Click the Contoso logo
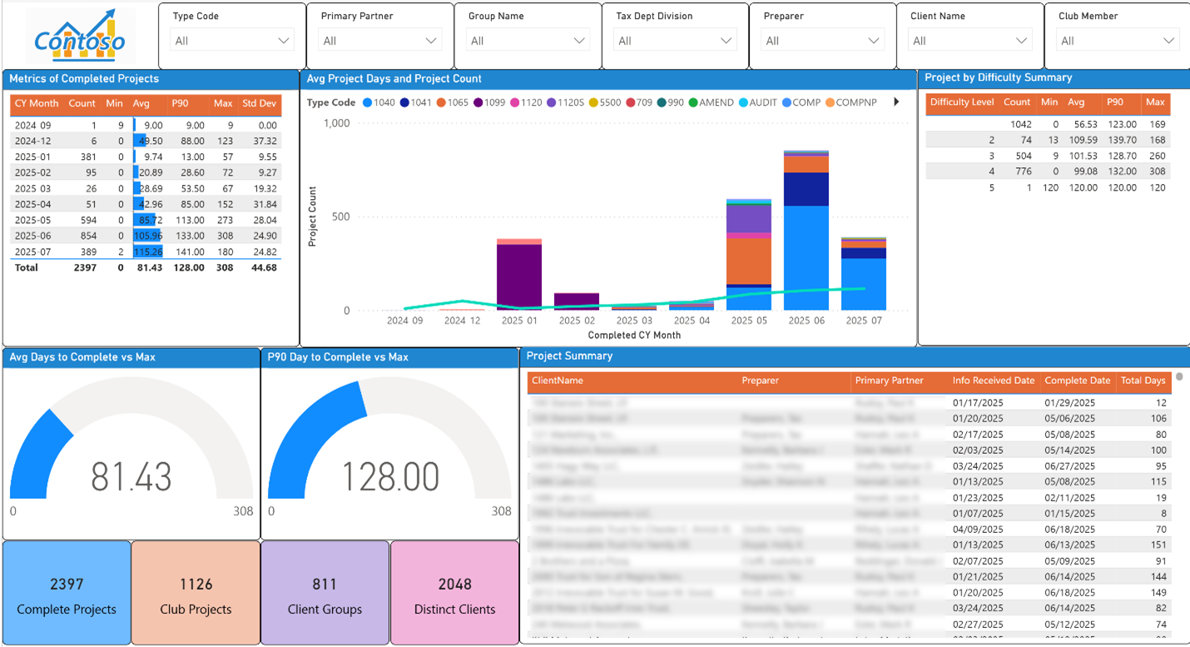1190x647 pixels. pos(80,36)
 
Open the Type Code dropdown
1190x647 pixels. pos(231,41)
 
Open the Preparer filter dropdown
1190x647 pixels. pos(823,41)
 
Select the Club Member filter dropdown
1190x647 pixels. pos(1117,41)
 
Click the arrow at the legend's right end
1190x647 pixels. pos(896,102)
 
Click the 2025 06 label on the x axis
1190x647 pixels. pos(806,321)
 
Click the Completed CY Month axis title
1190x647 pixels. pos(634,335)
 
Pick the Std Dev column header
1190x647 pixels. pos(259,104)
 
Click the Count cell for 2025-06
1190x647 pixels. pos(82,236)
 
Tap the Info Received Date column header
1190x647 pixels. pos(993,381)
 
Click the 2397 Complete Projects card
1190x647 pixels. pos(67,594)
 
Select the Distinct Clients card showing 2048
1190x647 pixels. pos(454,594)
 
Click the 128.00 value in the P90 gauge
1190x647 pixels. pos(390,476)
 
